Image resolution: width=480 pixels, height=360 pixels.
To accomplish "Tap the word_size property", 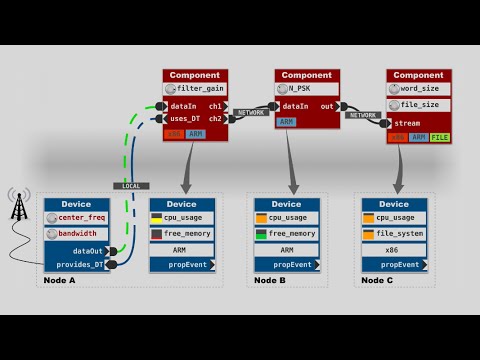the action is click(420, 89).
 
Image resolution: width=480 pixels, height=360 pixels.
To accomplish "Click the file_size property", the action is click(420, 105).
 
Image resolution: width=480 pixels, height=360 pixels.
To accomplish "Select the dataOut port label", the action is click(88, 251).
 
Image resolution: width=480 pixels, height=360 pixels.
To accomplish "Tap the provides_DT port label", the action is click(80, 264).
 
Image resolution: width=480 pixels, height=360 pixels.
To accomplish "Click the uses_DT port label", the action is click(187, 118).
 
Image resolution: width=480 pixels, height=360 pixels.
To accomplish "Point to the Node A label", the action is click(60, 281).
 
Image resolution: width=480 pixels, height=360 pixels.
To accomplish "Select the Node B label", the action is click(270, 281).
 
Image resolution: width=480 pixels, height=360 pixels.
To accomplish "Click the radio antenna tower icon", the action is click(18, 207).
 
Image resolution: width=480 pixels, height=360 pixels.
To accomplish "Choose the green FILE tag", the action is click(439, 137).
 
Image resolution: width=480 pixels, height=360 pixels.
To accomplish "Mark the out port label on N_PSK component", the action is click(327, 105).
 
